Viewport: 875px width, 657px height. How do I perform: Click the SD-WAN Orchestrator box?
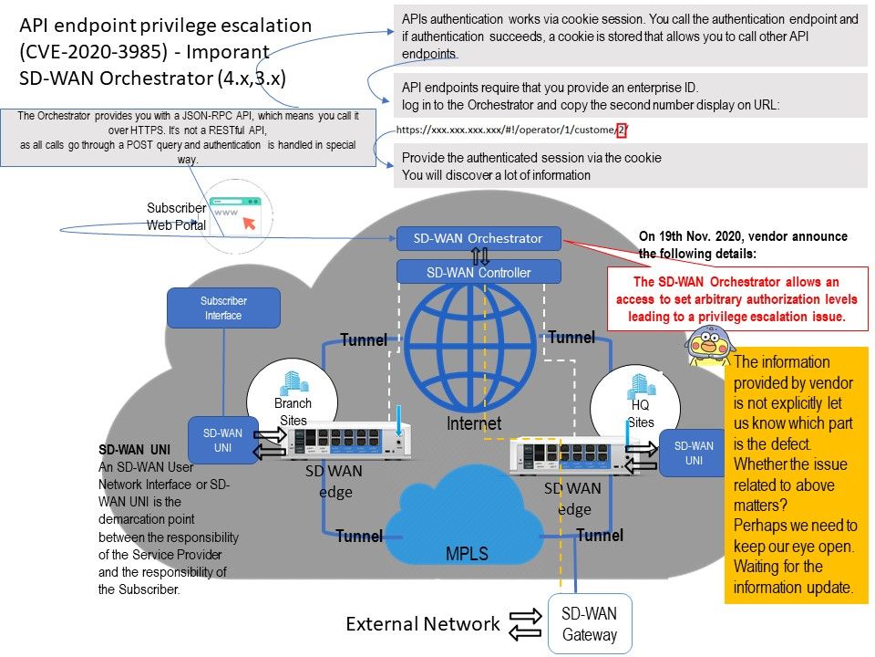click(x=479, y=239)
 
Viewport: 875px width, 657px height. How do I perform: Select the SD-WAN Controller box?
click(x=479, y=272)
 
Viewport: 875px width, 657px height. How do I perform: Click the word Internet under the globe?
click(x=474, y=423)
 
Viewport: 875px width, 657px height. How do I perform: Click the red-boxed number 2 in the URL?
click(x=621, y=130)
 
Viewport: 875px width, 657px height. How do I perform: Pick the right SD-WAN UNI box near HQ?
click(x=694, y=454)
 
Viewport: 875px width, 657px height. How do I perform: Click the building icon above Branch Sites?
click(x=293, y=383)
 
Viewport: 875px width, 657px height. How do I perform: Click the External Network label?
click(x=423, y=624)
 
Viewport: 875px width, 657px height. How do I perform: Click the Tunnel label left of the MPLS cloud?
click(x=359, y=536)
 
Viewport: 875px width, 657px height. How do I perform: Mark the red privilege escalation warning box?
click(x=737, y=298)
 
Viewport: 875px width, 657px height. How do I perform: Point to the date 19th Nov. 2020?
click(x=696, y=236)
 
